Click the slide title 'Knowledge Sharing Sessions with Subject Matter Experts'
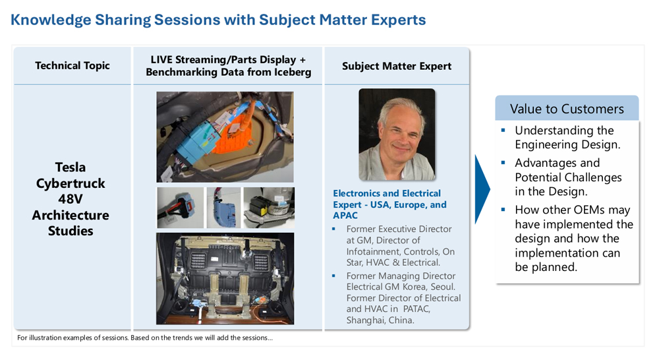[218, 20]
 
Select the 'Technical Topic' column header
[72, 66]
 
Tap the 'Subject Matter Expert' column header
[397, 66]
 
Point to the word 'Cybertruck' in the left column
[71, 183]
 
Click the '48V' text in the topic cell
[71, 199]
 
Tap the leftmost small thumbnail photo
[180, 208]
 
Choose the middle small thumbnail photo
[223, 208]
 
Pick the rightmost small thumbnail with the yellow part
[269, 208]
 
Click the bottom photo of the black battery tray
[225, 278]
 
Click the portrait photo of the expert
[397, 135]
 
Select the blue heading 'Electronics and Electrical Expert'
[387, 199]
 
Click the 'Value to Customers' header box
[567, 109]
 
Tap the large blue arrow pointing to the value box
[482, 189]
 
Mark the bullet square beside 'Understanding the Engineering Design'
[503, 131]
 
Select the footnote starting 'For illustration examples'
[145, 338]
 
